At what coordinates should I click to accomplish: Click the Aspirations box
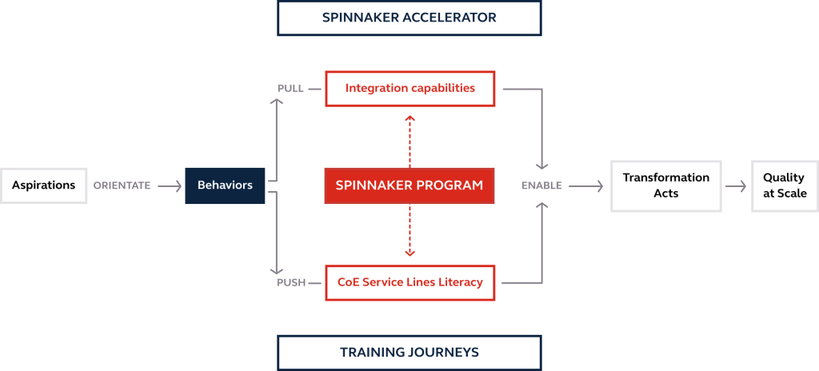click(44, 185)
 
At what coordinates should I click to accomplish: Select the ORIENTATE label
click(122, 185)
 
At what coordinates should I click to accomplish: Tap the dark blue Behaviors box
click(225, 185)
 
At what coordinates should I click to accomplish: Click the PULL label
click(290, 88)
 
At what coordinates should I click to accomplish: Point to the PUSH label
click(291, 282)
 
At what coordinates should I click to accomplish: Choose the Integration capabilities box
click(409, 88)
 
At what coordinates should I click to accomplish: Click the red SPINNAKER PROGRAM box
click(409, 185)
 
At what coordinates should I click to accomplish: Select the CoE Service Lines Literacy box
click(409, 282)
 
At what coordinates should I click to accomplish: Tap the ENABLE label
click(541, 185)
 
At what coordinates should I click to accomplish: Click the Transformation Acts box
click(665, 185)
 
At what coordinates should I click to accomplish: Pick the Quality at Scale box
click(783, 185)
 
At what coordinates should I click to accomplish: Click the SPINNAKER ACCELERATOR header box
click(409, 18)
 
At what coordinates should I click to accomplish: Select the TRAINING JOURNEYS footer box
click(409, 352)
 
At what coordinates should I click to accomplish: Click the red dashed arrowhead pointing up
click(409, 118)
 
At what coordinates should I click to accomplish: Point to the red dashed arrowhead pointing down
click(409, 253)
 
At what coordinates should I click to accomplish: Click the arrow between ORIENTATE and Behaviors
click(170, 185)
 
